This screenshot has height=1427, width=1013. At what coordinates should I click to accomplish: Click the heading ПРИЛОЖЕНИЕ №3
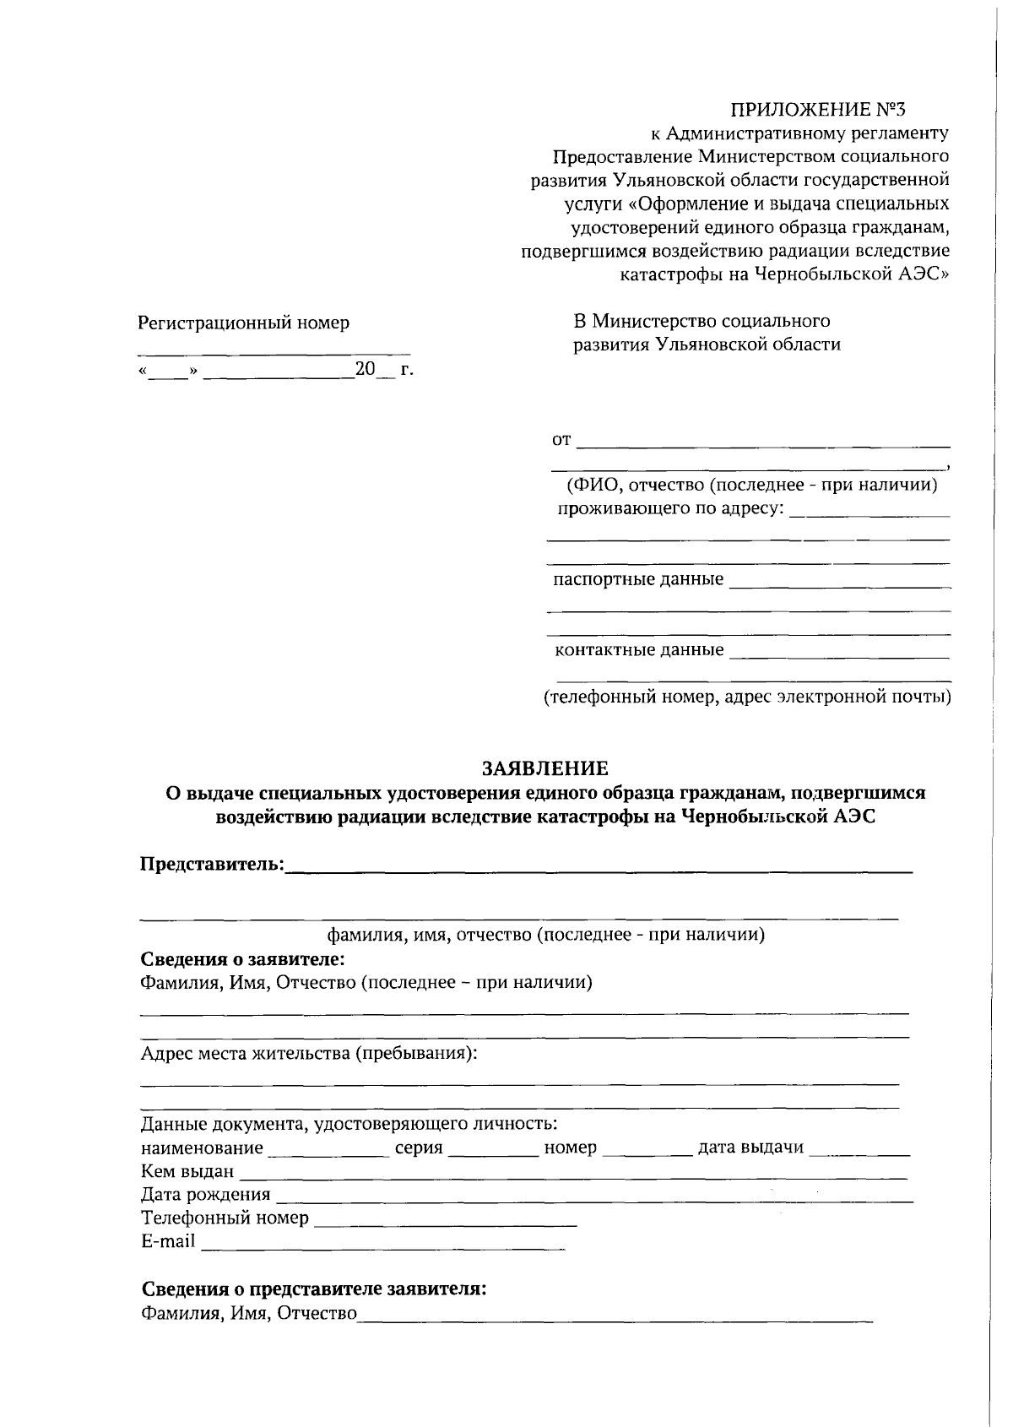[x=816, y=109]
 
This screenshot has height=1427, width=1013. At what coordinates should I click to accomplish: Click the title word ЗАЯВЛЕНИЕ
[x=544, y=769]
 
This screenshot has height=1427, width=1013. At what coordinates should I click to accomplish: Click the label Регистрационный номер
[x=243, y=323]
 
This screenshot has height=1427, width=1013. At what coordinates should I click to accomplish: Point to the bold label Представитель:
[x=211, y=865]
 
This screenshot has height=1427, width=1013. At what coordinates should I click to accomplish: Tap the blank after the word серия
[x=494, y=1149]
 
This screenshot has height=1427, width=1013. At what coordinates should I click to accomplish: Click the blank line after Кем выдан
[x=573, y=1173]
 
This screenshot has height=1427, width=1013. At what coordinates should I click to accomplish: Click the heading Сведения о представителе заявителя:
[x=313, y=1290]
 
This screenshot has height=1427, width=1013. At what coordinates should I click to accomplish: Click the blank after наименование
[x=327, y=1149]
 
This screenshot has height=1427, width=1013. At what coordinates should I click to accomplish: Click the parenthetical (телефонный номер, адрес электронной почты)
[x=746, y=697]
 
